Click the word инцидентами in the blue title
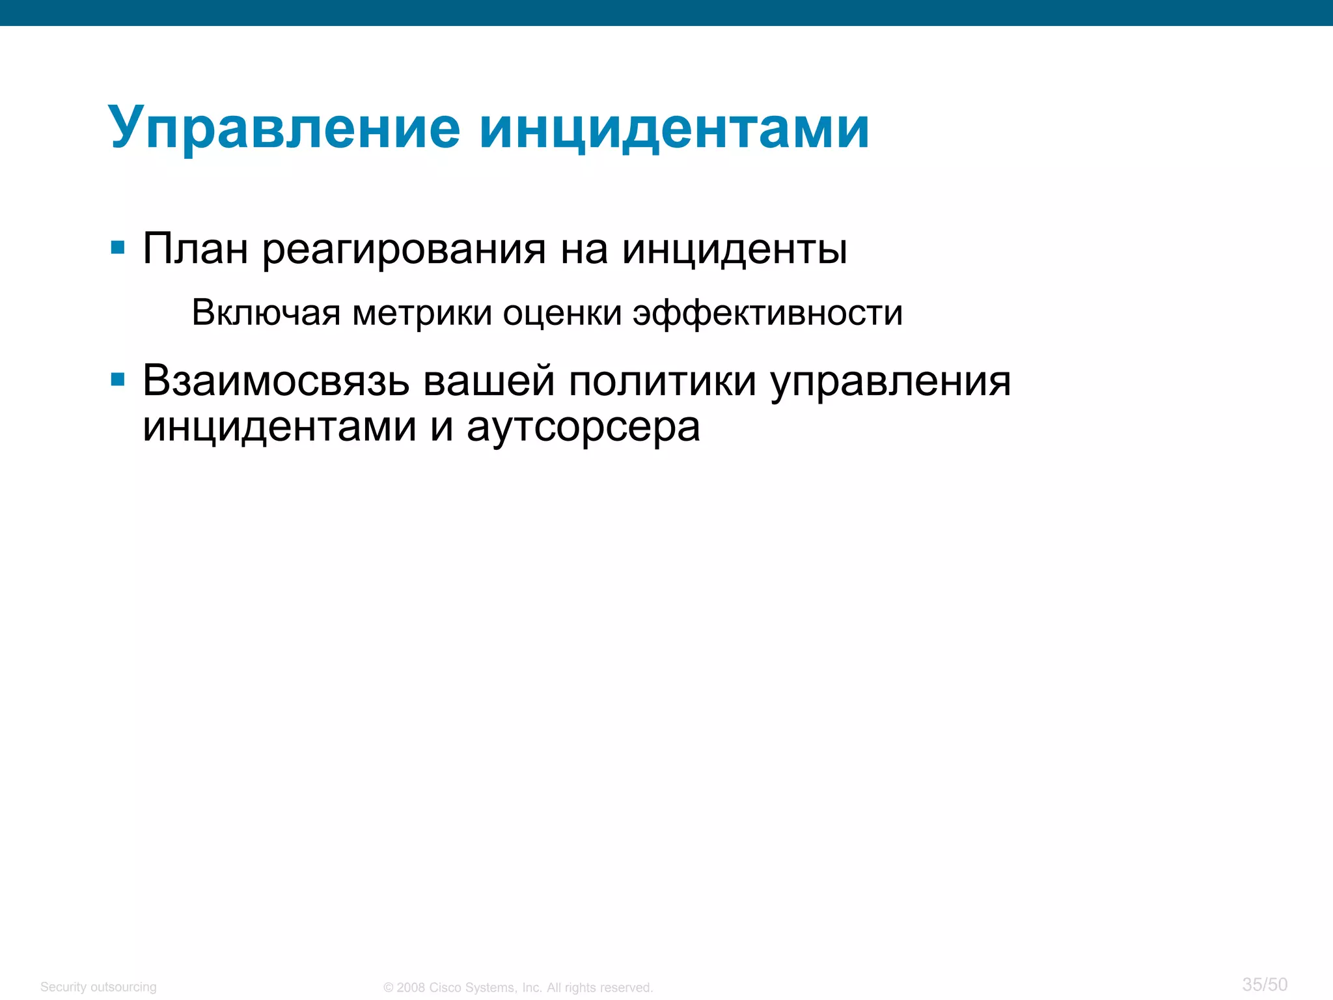pyautogui.click(x=674, y=128)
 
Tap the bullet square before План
pyautogui.click(x=118, y=247)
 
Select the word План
pyautogui.click(x=195, y=249)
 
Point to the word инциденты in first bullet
pyautogui.click(x=734, y=249)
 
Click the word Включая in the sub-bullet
pyautogui.click(x=266, y=312)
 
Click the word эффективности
pyautogui.click(x=768, y=314)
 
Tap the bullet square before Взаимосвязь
pyautogui.click(x=118, y=380)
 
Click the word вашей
pyautogui.click(x=489, y=381)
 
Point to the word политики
pyautogui.click(x=662, y=381)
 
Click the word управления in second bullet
pyautogui.click(x=890, y=382)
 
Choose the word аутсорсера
pyautogui.click(x=583, y=428)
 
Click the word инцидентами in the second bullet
pyautogui.click(x=279, y=428)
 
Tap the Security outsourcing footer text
pyautogui.click(x=98, y=987)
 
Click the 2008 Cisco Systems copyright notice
pyautogui.click(x=518, y=988)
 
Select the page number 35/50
pyautogui.click(x=1265, y=984)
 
